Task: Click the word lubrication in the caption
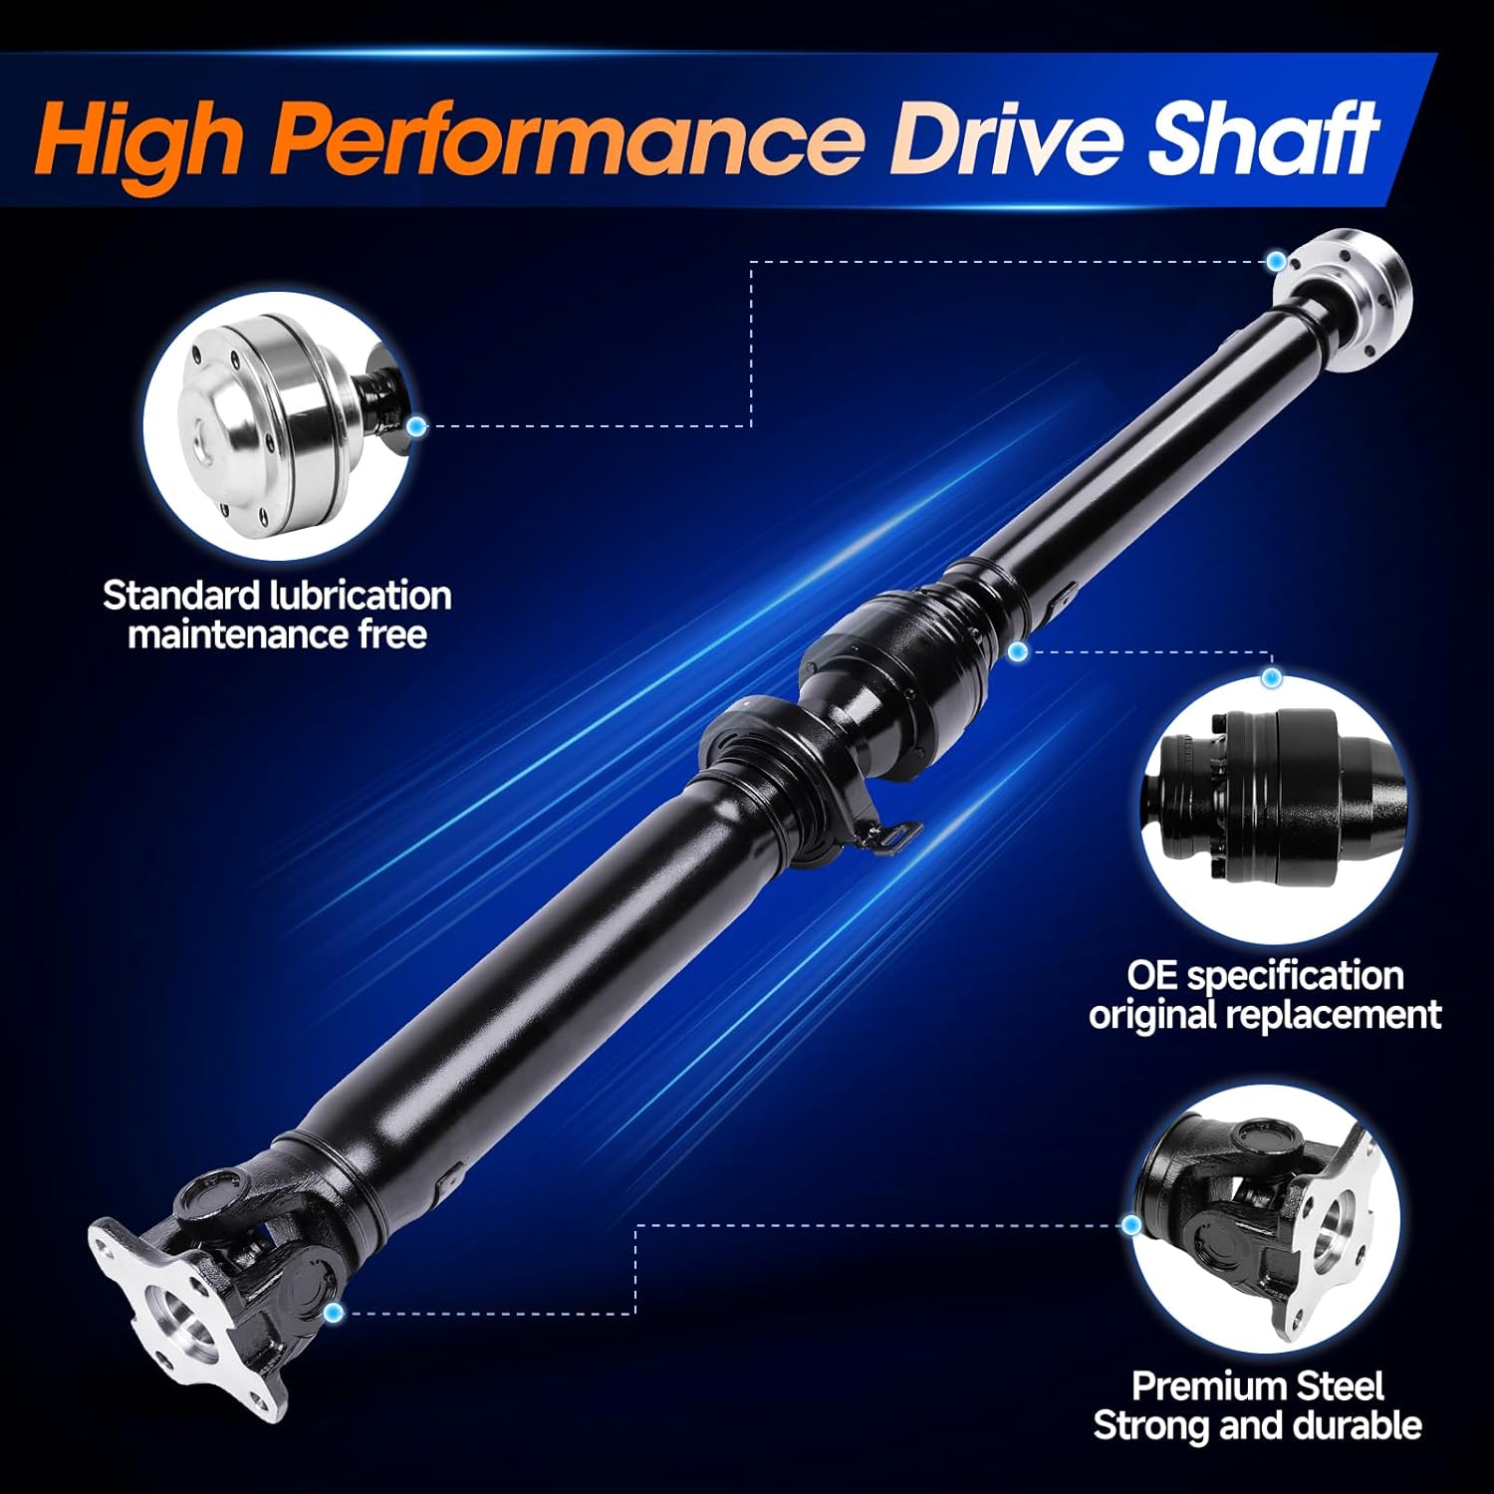(361, 596)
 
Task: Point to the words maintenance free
(277, 634)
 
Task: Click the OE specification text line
(1265, 975)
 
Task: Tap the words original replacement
(1265, 1015)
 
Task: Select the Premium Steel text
(1257, 1386)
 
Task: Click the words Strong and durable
(1257, 1425)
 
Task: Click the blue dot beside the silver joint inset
(416, 426)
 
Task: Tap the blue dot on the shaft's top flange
(1277, 262)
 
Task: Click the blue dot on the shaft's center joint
(1017, 652)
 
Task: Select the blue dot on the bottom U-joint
(334, 1314)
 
